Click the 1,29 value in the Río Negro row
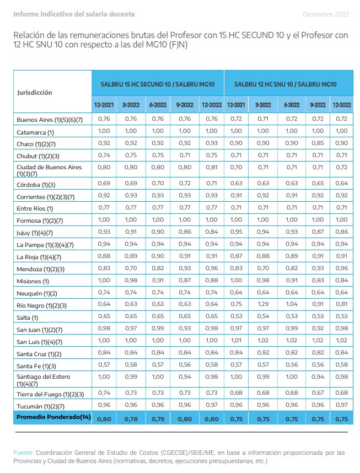pos(263,304)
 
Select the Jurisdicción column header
pos(34,93)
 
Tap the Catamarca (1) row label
pos(35,132)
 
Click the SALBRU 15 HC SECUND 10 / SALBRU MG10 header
pos(158,84)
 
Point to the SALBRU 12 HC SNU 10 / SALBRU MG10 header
pos(285,84)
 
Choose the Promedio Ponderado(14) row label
pos(53,417)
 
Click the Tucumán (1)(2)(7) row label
pos(40,406)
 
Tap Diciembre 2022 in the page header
pos(326,14)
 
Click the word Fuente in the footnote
pos(23,453)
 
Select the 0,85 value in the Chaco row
pos(318,143)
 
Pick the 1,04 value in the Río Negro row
pos(292,304)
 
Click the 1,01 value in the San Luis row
pos(236,340)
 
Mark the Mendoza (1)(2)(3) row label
pos(40,269)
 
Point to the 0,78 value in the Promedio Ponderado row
pos(131,419)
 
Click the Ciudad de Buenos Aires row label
pos(49,170)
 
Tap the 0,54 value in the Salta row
pos(263,316)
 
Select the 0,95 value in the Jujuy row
pos(236,232)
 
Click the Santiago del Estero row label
pos(44,380)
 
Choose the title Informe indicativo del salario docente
pos(74,14)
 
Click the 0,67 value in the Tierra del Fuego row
pos(318,393)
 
